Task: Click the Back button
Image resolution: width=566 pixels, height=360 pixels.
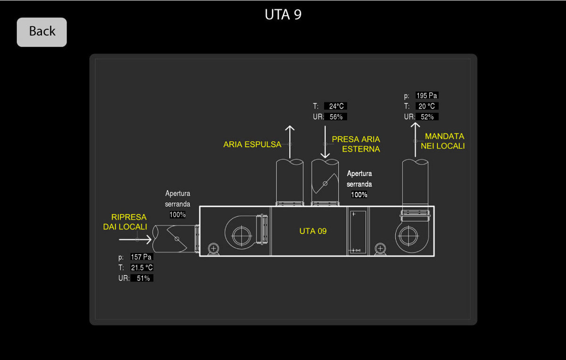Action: (x=42, y=32)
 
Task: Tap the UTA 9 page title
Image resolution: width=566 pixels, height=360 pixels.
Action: (x=283, y=15)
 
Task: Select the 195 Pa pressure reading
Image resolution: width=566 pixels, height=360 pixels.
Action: (x=426, y=96)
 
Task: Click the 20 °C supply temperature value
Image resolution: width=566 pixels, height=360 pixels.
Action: (x=426, y=106)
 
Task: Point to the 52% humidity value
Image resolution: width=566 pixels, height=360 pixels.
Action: (x=426, y=117)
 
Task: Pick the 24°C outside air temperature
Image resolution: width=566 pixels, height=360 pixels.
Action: (x=336, y=106)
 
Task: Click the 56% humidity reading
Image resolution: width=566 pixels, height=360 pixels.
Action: (x=336, y=117)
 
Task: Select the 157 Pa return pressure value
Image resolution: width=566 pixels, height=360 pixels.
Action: (x=141, y=257)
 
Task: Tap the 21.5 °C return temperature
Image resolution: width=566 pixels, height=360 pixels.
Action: (x=141, y=268)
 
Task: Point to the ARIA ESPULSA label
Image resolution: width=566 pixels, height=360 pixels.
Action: (x=252, y=144)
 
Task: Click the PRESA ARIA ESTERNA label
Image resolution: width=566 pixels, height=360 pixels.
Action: (x=356, y=144)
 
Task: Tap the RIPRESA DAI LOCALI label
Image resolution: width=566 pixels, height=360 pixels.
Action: (x=125, y=222)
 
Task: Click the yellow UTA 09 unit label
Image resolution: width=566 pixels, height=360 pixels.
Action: (x=313, y=231)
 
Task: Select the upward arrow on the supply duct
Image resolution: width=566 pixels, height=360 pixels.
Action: (x=415, y=139)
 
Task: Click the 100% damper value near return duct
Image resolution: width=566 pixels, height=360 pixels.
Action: (x=177, y=215)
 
